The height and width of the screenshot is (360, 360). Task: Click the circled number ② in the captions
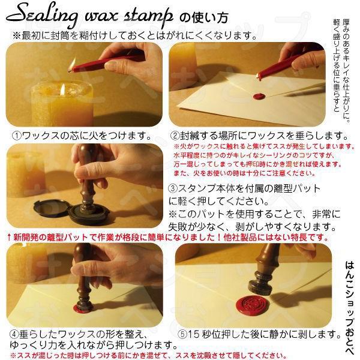175,136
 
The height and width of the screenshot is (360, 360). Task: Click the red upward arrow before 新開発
7,238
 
